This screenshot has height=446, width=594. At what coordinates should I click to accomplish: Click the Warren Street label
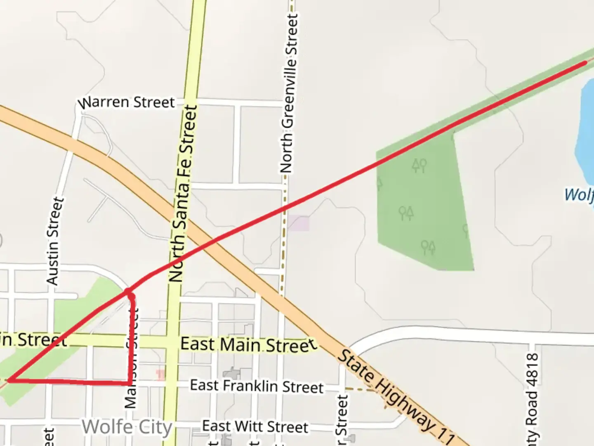click(x=127, y=102)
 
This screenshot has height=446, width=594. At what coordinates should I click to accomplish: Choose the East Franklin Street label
click(x=257, y=386)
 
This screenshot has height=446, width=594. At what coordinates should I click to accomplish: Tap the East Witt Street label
click(x=255, y=426)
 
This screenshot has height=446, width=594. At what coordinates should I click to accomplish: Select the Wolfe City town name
click(x=127, y=427)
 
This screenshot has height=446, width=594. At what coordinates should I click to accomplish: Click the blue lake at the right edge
click(x=586, y=132)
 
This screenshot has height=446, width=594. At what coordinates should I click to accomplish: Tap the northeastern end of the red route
click(x=585, y=62)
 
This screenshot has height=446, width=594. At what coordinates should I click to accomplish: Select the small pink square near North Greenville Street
click(x=298, y=223)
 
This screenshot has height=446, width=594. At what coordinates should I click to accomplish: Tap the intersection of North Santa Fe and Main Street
click(x=173, y=342)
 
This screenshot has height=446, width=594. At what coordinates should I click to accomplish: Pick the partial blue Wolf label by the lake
click(x=579, y=194)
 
